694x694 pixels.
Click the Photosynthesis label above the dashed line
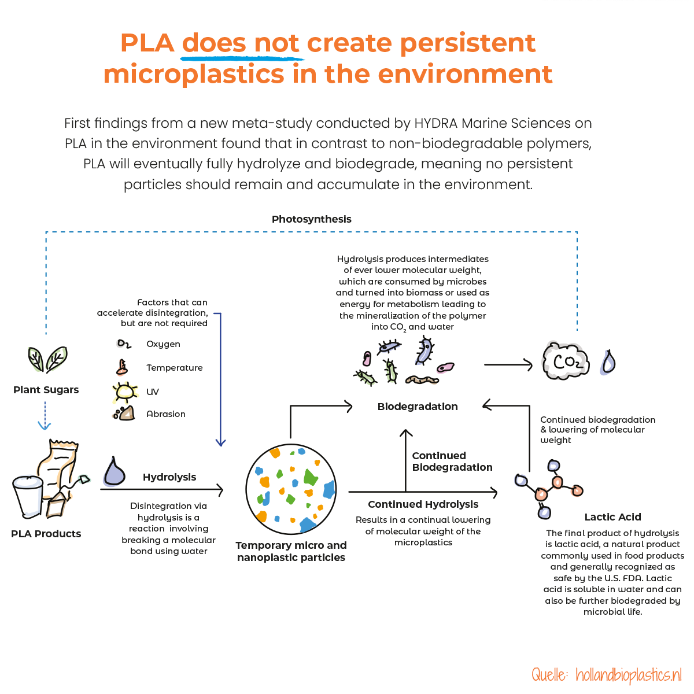(311, 219)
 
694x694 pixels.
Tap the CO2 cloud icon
(566, 362)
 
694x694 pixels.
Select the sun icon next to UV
(125, 393)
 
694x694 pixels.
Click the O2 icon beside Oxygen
(124, 344)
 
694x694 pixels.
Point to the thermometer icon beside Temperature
(122, 367)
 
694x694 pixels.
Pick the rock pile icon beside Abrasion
(124, 414)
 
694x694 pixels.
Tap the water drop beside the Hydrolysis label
(115, 471)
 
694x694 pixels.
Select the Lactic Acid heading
(612, 517)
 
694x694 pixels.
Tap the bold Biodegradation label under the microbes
(417, 407)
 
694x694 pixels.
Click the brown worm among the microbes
(423, 380)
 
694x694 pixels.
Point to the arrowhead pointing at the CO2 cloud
(529, 364)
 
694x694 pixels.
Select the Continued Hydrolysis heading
(423, 504)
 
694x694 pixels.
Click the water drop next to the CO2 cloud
(608, 363)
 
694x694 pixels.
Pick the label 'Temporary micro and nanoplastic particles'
(291, 551)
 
